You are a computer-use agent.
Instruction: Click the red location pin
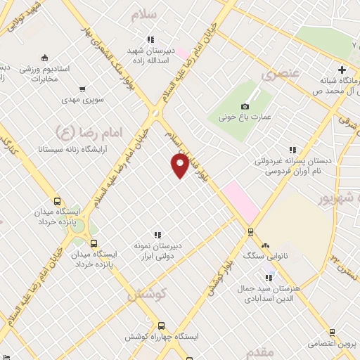(x=180, y=165)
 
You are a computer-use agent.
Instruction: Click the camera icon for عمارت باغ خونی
(x=245, y=105)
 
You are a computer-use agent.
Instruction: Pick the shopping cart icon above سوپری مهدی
(x=83, y=89)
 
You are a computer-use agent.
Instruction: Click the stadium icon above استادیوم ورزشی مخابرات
(x=45, y=58)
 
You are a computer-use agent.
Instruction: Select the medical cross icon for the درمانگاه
(x=342, y=69)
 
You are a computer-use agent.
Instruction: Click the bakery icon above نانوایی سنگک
(x=265, y=246)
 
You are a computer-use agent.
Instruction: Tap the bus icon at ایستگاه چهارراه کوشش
(x=162, y=326)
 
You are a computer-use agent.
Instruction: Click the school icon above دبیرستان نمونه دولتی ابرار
(x=157, y=235)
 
